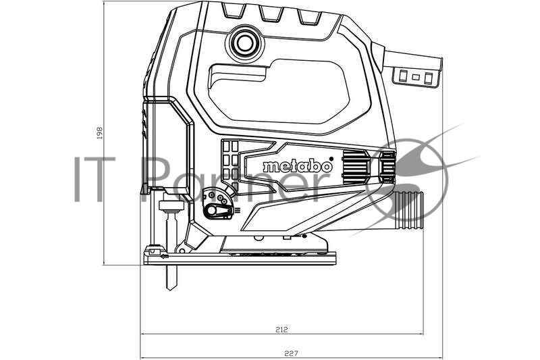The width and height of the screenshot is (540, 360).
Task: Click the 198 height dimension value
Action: pos(99,132)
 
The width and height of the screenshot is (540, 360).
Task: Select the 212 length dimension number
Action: pos(281,330)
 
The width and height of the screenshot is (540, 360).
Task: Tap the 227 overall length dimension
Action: pos(291,353)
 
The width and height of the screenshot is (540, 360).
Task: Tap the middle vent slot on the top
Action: pos(270,14)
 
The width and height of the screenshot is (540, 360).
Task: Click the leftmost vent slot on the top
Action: pos(234,11)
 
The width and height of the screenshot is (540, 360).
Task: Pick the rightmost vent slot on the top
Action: pos(309,17)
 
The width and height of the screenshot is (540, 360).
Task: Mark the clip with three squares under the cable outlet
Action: pos(416,77)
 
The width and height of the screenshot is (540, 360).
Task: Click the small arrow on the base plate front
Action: pos(164,256)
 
